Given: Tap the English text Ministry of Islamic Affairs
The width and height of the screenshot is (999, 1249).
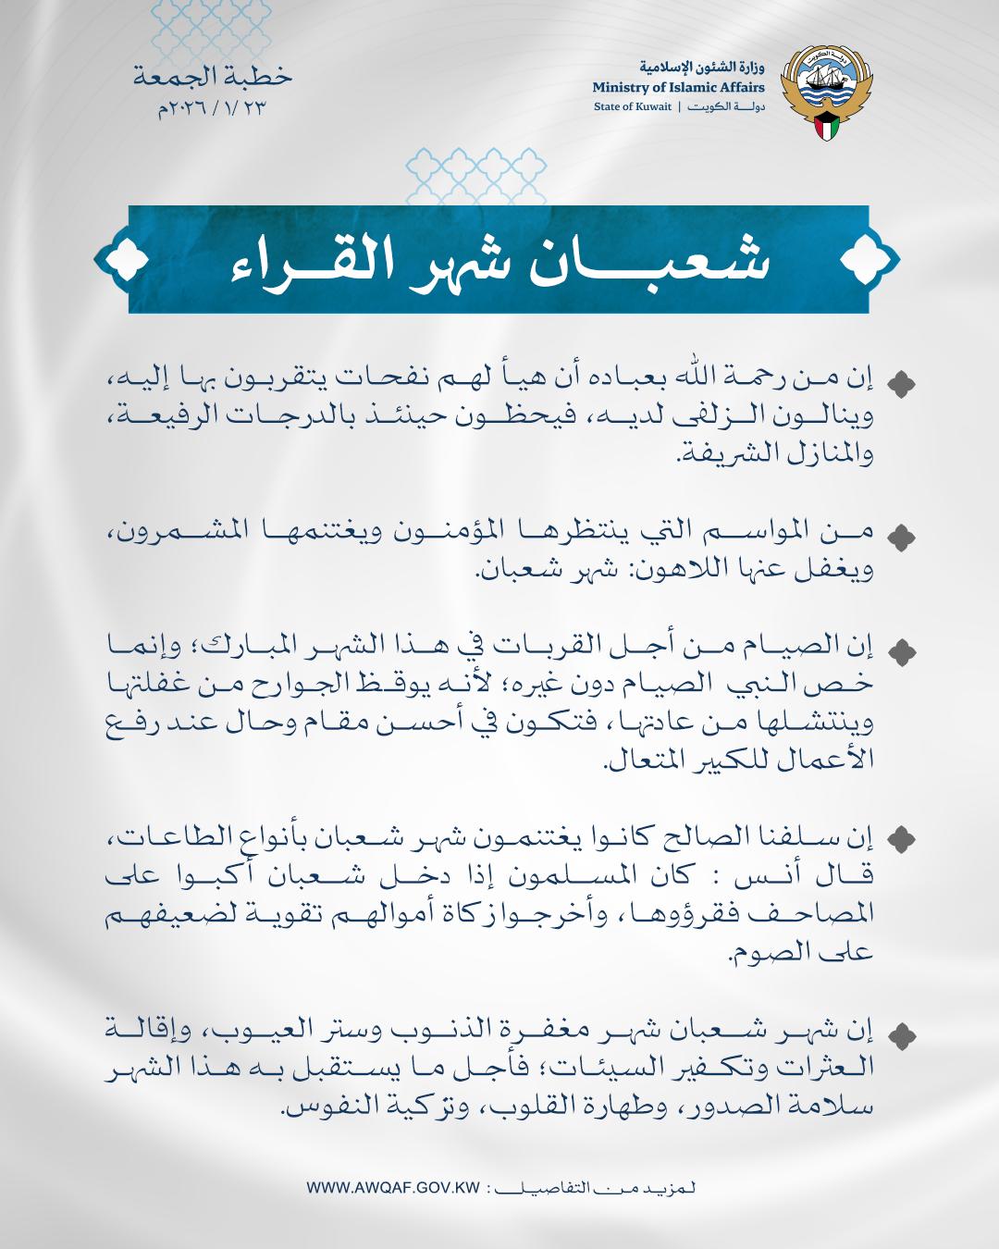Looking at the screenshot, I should pos(679,88).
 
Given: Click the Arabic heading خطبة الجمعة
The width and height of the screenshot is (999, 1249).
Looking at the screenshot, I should pos(212,78).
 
